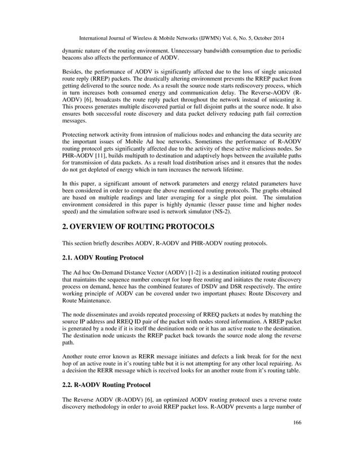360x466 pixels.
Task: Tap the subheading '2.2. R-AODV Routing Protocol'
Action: [106, 385]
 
